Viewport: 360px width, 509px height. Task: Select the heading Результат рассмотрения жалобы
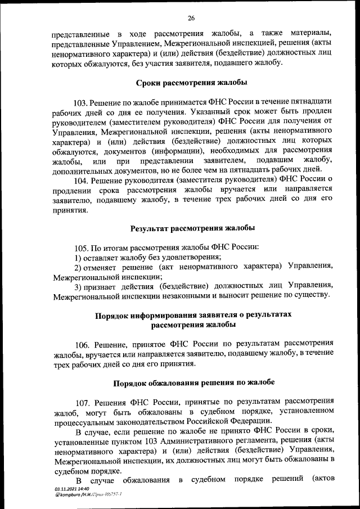tap(192, 228)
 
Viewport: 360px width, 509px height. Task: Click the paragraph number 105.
tap(82, 247)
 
